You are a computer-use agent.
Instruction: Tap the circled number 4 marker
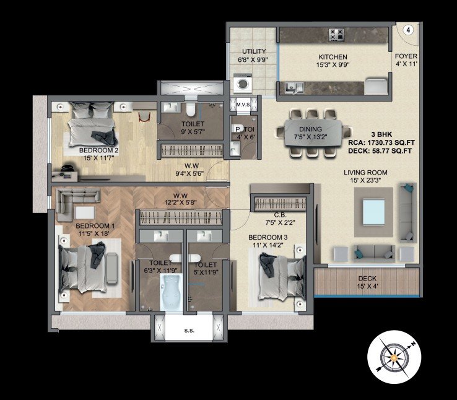(409, 29)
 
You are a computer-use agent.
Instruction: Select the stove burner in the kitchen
(337, 35)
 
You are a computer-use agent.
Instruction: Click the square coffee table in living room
(373, 214)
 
